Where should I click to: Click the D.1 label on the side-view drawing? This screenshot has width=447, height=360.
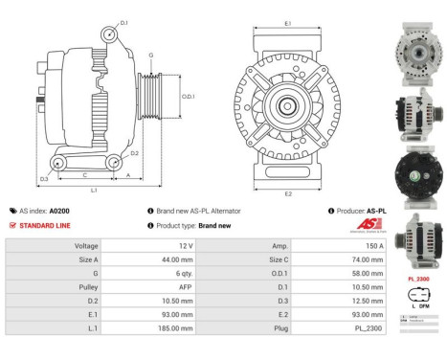(124, 19)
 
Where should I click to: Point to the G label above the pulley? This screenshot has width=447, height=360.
(150, 56)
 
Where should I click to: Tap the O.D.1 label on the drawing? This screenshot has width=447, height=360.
(188, 96)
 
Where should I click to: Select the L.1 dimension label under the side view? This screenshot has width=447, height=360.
(94, 191)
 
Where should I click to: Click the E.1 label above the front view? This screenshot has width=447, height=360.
(288, 21)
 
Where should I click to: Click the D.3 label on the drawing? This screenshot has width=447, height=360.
(44, 179)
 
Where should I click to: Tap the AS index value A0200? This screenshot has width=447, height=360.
(58, 211)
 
